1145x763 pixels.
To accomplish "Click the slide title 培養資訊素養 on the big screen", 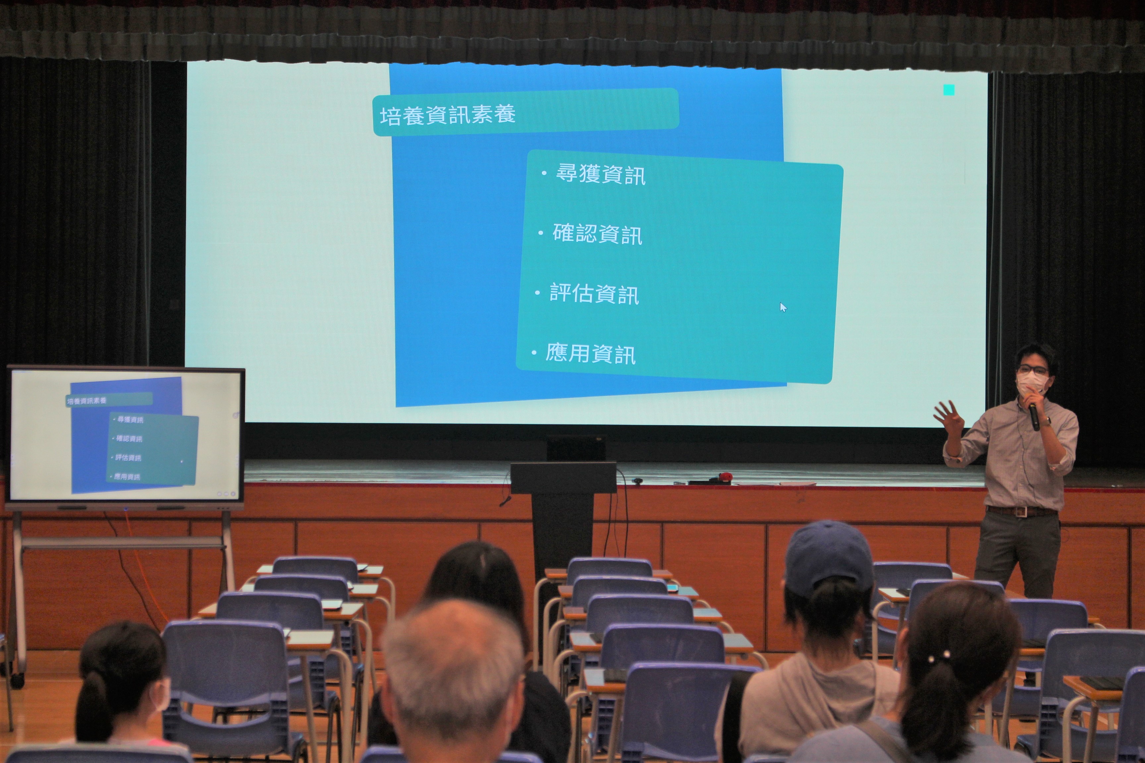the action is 447,115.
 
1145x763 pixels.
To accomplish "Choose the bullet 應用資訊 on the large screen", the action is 590,354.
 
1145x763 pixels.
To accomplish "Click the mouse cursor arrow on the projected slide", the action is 783,307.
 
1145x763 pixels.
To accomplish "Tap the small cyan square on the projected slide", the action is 949,90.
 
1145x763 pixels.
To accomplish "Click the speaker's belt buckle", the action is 1019,511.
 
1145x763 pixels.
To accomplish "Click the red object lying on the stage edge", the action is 724,477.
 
